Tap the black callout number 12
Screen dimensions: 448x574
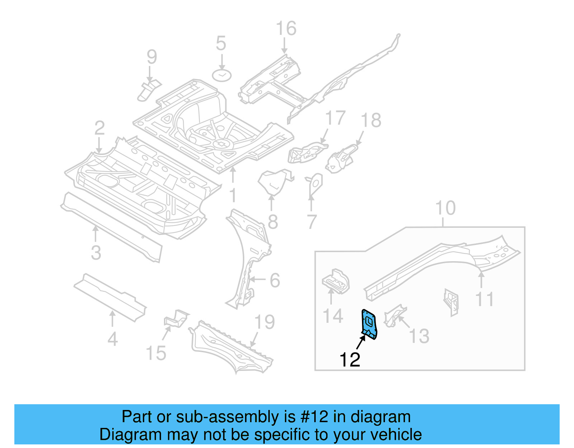pos(350,360)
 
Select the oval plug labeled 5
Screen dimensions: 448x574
pos(222,75)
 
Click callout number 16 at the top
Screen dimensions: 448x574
pos(286,29)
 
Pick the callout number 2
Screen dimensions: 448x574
pos(99,128)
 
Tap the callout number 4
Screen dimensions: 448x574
pos(113,339)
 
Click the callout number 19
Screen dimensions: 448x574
pos(264,322)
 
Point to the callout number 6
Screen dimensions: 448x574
pos(274,280)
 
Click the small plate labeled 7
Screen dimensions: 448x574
pos(315,184)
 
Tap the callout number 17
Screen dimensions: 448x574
pos(335,118)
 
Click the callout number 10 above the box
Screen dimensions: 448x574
pos(445,208)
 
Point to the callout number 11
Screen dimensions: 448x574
pos(484,299)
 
